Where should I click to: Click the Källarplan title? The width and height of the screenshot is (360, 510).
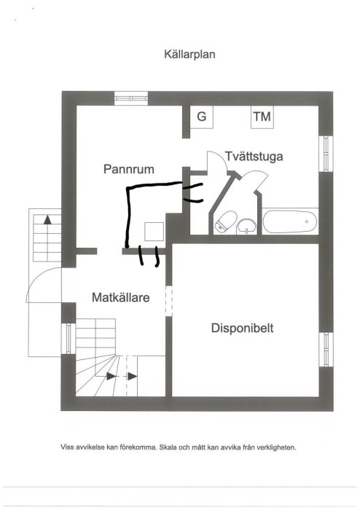click(189, 55)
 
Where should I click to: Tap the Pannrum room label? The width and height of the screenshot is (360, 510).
click(129, 169)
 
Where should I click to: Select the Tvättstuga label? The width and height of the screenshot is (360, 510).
click(254, 157)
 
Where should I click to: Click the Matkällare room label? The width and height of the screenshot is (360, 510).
click(121, 297)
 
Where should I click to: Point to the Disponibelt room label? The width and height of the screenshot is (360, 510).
click(242, 328)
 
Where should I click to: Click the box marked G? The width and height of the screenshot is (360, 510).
click(202, 117)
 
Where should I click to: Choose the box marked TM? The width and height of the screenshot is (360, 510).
click(262, 117)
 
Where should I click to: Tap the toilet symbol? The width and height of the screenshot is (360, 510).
click(226, 221)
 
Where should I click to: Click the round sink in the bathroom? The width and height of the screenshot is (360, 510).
click(247, 226)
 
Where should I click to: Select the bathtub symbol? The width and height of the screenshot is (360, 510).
click(290, 221)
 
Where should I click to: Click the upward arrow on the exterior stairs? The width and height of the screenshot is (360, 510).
click(48, 219)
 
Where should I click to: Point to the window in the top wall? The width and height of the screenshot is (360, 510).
click(131, 98)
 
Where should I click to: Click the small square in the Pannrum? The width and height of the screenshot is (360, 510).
click(154, 231)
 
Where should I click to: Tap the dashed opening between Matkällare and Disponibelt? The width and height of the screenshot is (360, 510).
click(169, 301)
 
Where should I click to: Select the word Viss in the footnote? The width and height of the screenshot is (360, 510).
click(66, 447)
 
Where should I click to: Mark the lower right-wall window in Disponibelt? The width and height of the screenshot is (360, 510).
click(326, 349)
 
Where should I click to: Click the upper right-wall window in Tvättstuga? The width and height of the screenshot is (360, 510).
click(326, 154)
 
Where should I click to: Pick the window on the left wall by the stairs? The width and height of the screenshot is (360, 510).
click(69, 339)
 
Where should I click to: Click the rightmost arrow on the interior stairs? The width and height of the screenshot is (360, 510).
click(133, 377)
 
